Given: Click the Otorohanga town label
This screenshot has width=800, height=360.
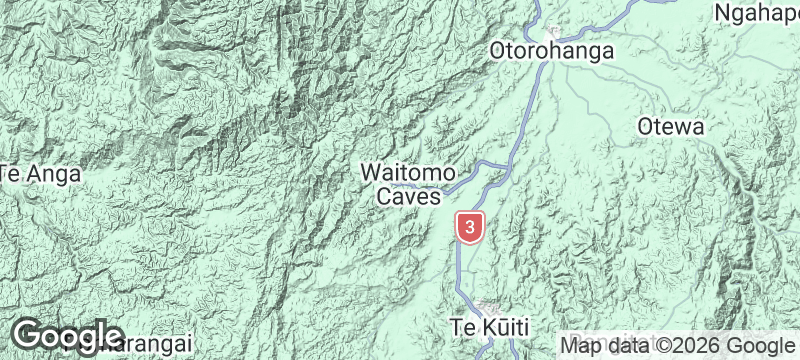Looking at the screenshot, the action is click(x=551, y=50).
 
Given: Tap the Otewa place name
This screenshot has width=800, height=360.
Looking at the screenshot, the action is click(x=672, y=127).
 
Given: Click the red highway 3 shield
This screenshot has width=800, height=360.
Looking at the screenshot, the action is click(x=470, y=227).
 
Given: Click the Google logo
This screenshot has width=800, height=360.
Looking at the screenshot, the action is click(x=67, y=335).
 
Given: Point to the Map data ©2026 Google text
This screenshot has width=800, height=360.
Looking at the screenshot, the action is click(x=677, y=345).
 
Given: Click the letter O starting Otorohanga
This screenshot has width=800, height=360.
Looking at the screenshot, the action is click(x=497, y=50).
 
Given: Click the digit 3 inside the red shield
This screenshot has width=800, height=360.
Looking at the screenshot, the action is click(x=470, y=226).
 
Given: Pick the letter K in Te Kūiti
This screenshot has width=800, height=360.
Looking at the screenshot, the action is click(x=483, y=327).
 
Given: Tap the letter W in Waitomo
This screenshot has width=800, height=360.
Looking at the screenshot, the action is click(x=370, y=173).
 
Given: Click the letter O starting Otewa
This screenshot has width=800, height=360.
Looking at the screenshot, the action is click(x=645, y=127).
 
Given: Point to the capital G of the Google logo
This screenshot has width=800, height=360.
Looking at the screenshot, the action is click(x=28, y=334).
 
